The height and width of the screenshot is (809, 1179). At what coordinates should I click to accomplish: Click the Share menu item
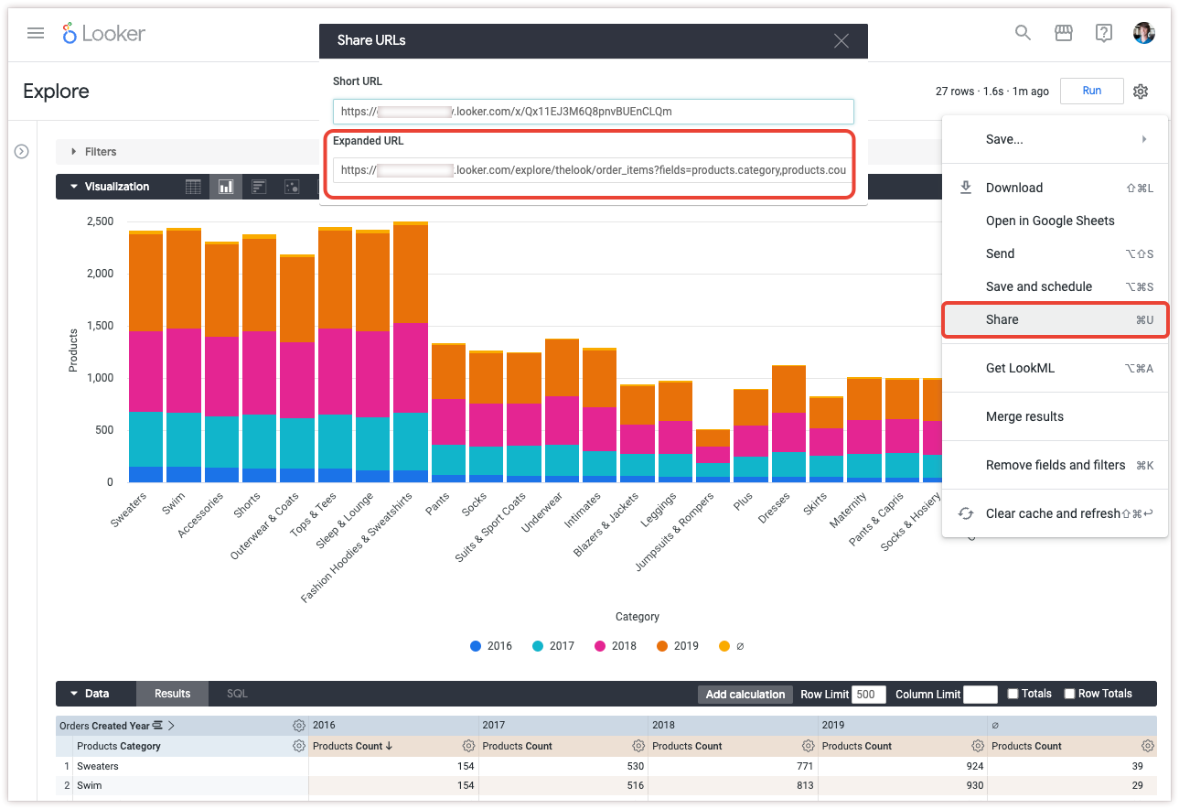point(1002,319)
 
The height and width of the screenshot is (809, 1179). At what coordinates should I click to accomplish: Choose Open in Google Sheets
point(1050,221)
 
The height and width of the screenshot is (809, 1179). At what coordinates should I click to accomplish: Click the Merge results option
point(1024,416)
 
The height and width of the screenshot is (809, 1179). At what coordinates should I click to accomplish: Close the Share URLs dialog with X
point(841,40)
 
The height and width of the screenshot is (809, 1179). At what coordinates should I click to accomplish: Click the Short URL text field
point(593,112)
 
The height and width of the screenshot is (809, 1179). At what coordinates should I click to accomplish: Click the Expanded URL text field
point(593,169)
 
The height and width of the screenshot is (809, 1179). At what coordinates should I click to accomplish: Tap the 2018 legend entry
point(616,646)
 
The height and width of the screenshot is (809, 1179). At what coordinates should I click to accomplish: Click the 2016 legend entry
point(491,646)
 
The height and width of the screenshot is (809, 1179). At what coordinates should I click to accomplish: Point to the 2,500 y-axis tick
point(99,221)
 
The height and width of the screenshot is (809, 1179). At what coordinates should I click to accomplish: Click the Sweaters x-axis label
point(128,510)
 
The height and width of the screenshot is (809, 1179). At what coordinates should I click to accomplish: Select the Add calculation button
point(745,694)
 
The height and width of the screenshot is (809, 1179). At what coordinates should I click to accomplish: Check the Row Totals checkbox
point(1069,694)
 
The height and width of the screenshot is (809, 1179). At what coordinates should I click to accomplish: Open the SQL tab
point(237,694)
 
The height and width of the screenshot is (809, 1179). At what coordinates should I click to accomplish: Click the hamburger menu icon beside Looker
point(36,34)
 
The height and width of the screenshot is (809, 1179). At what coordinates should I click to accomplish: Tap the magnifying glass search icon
point(1024,33)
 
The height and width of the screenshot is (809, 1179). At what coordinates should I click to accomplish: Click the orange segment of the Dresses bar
point(788,389)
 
